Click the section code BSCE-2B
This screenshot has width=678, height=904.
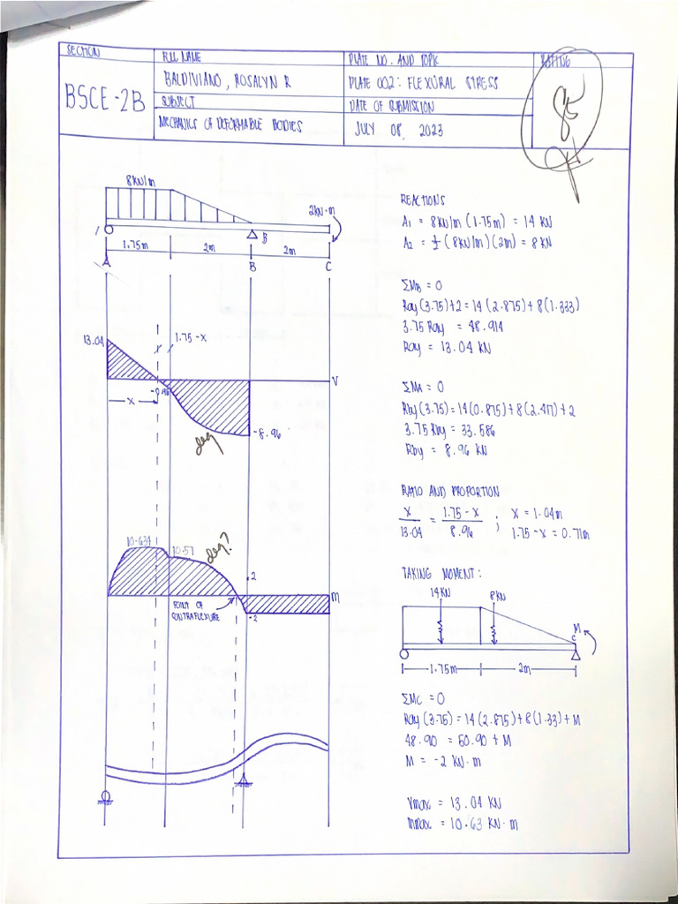(x=106, y=99)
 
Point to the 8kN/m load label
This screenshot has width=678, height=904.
(x=139, y=180)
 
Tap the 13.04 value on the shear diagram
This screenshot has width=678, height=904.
(x=92, y=341)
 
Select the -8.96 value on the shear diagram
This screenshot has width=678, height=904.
(x=267, y=433)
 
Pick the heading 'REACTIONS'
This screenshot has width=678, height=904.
(x=423, y=200)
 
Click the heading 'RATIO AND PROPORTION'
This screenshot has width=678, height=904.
(x=449, y=491)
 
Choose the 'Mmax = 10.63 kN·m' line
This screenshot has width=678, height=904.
(x=460, y=825)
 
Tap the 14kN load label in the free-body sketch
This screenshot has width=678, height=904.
(x=441, y=592)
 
